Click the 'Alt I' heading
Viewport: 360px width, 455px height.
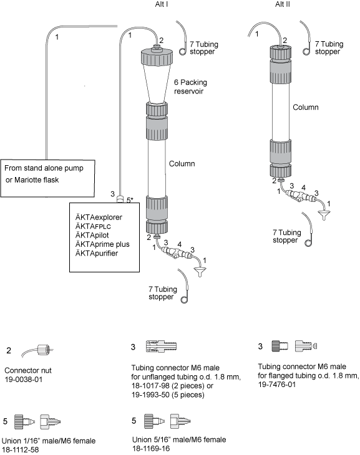coord(161,4)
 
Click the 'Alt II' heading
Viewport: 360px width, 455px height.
coord(283,4)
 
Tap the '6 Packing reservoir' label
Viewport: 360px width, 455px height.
coord(190,87)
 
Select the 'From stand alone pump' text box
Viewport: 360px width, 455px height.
coord(47,178)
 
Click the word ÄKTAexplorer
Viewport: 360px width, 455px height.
coord(99,218)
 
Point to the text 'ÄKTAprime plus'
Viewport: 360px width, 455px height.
coord(102,244)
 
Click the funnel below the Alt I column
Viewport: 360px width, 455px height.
coord(200,272)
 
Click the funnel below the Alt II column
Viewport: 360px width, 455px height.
coord(324,215)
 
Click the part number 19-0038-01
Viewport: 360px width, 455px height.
coord(24,379)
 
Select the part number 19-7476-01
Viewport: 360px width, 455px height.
coord(276,385)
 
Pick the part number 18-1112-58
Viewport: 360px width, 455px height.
coord(20,450)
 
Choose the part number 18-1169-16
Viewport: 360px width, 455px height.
coord(151,448)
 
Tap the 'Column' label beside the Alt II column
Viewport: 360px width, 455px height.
coord(305,107)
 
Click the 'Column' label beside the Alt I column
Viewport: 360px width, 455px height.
coord(182,164)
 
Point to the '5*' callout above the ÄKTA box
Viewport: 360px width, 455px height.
coord(130,200)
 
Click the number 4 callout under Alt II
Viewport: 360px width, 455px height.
coord(303,188)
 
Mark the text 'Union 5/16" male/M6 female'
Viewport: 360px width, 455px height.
coord(179,439)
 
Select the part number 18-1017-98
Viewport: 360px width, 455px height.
coord(150,386)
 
